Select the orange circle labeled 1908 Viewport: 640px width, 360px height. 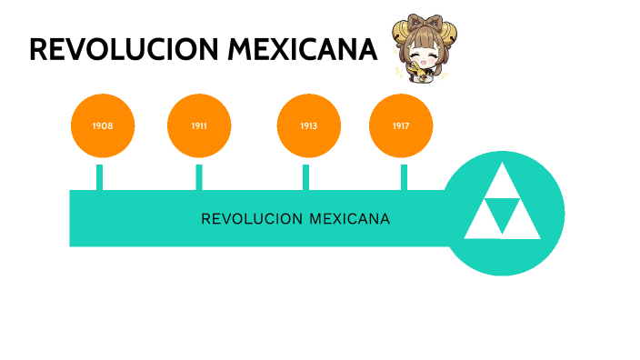click(x=103, y=125)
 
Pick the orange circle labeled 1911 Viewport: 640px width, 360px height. click(x=199, y=125)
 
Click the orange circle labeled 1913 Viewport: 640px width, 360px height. click(x=308, y=125)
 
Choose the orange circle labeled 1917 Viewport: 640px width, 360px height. click(x=401, y=125)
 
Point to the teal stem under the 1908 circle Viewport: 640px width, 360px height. click(x=100, y=177)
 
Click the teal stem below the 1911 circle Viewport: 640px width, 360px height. click(x=199, y=177)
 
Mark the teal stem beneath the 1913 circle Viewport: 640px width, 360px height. click(x=305, y=177)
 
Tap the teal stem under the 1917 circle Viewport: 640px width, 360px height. click(x=404, y=177)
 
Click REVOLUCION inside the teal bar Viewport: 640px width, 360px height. click(x=252, y=219)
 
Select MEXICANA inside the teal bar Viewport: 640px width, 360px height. click(x=350, y=219)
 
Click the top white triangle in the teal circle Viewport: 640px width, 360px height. click(x=503, y=183)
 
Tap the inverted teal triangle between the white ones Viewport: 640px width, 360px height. click(x=503, y=213)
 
